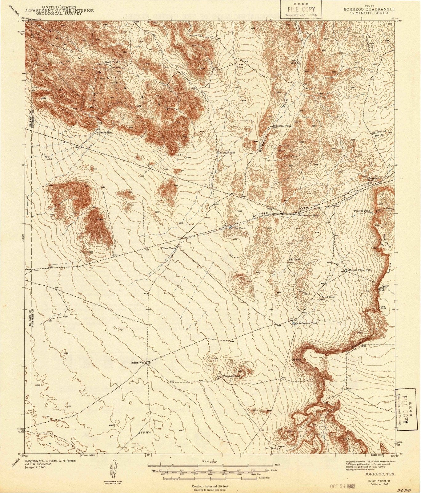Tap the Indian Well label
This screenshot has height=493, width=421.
[x=138, y=363]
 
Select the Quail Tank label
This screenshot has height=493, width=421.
[x=111, y=62]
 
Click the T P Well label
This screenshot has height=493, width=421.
[x=145, y=433]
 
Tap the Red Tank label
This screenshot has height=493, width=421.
[x=295, y=260]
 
